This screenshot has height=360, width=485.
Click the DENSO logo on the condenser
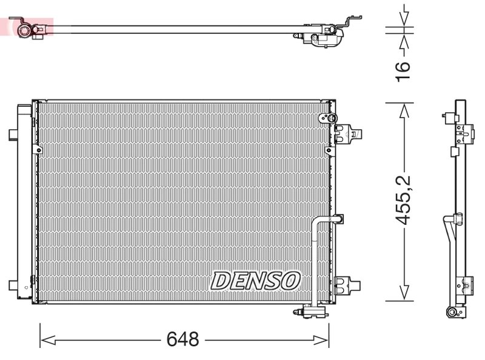click(255, 280)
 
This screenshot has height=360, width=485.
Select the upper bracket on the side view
click(464, 130)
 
